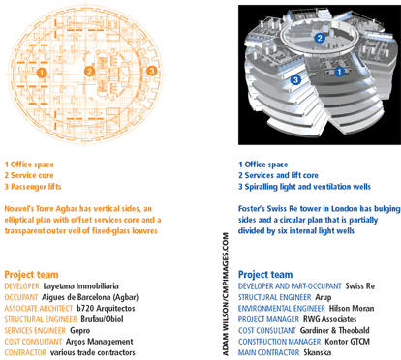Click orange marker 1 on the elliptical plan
pos(42,73)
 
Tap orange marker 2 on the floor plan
pos(89,72)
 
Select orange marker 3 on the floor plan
pos(151,71)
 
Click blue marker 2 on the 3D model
pos(320,38)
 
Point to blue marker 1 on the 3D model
pos(339,72)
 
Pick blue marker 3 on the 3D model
pos(295,79)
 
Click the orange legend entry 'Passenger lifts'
pos(33,187)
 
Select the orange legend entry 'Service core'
pos(29,175)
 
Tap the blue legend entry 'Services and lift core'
pos(278,175)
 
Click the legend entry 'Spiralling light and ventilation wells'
pos(304,187)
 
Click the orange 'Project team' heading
pos(31,275)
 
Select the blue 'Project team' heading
pos(265,275)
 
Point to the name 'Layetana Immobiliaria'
pos(81,286)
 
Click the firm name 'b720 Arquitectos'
pos(106,308)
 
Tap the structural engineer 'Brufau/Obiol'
pos(102,319)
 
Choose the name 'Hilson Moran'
pos(352,309)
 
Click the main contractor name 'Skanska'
pos(318,352)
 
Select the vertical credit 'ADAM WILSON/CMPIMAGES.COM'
pos(226,294)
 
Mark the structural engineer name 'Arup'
pos(324,297)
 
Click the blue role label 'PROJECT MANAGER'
pos(268,319)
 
